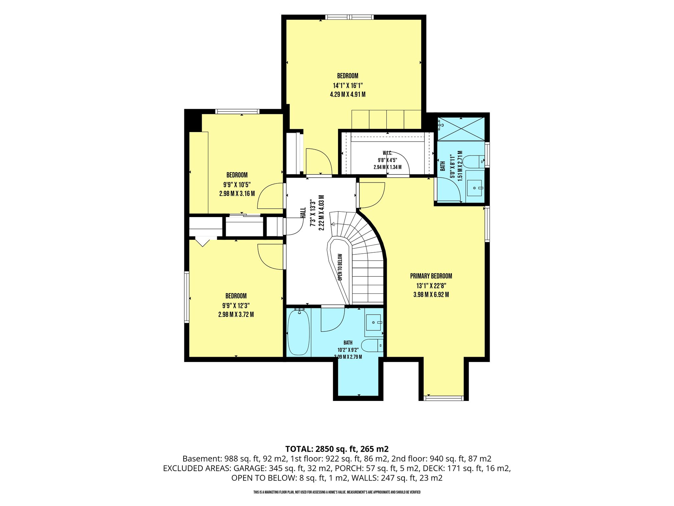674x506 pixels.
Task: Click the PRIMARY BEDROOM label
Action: (431, 276)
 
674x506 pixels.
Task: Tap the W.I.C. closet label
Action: (387, 153)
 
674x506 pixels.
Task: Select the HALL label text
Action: (303, 212)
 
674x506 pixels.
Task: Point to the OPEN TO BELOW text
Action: (340, 267)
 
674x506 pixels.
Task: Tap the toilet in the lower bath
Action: (372, 345)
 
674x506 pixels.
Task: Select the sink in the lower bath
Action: (374, 323)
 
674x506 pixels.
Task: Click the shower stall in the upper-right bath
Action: (461, 129)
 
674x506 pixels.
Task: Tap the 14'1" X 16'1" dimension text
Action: (348, 85)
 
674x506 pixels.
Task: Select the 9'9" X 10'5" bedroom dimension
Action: (237, 184)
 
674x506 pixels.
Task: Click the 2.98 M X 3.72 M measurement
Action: (236, 315)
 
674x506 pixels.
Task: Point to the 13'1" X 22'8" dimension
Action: (431, 286)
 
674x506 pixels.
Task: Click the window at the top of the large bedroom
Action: (350, 17)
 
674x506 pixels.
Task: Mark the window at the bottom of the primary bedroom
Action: (444, 398)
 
